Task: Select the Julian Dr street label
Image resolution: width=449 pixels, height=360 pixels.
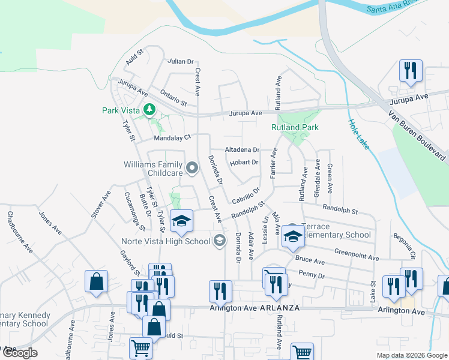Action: click(x=181, y=61)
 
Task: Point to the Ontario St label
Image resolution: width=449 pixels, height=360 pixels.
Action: click(x=173, y=97)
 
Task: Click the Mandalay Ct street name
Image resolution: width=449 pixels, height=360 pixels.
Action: click(x=172, y=137)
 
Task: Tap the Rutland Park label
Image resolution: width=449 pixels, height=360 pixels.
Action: click(x=295, y=127)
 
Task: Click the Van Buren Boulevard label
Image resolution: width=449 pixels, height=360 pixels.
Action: click(x=417, y=136)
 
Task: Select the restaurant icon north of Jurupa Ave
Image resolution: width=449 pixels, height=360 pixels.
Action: click(x=411, y=71)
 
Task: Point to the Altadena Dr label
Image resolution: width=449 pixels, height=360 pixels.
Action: click(x=241, y=149)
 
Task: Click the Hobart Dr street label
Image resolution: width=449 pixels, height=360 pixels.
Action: click(x=243, y=162)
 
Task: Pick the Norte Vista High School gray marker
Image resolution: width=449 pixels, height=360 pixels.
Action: click(x=220, y=241)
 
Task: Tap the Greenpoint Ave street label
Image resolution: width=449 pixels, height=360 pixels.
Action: click(x=357, y=254)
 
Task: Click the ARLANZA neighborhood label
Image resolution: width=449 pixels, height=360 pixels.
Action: click(x=279, y=308)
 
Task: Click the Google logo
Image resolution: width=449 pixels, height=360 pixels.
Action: click(x=20, y=353)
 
